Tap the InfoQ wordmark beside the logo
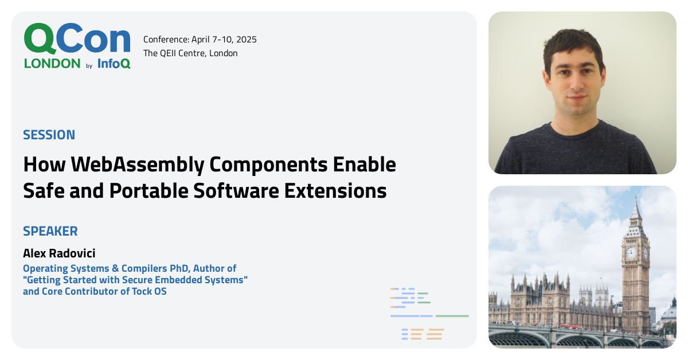coord(114,63)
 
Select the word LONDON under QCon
coord(52,63)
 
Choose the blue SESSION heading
coord(49,135)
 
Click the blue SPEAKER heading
coord(50,232)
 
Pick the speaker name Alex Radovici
coord(59,253)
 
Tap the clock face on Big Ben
coord(631,253)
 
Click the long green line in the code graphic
coord(452,316)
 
